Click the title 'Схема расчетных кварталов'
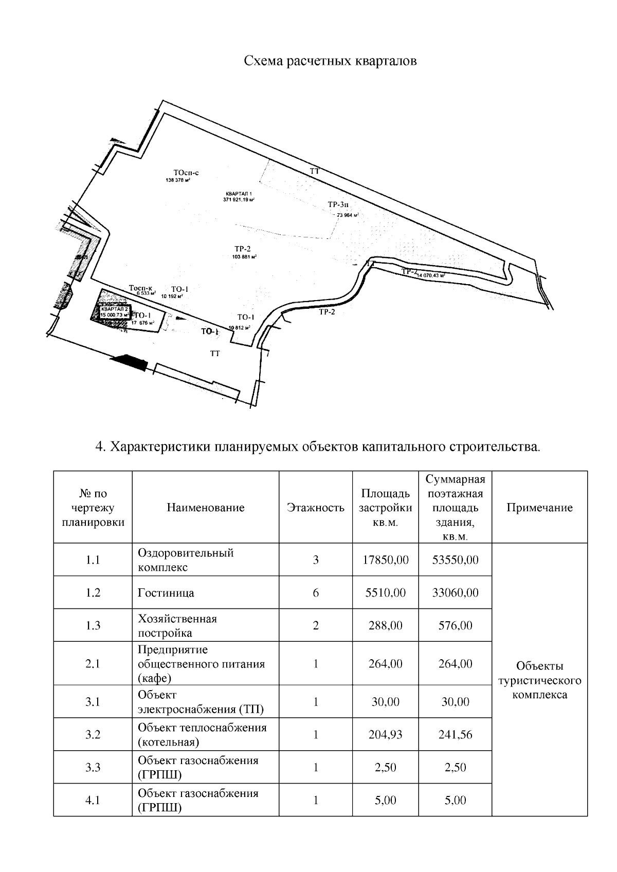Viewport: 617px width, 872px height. pyautogui.click(x=330, y=61)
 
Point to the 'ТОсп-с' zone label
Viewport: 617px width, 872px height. pyautogui.click(x=186, y=173)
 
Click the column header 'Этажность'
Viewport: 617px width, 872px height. pyautogui.click(x=315, y=508)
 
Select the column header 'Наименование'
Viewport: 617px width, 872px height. pyautogui.click(x=205, y=508)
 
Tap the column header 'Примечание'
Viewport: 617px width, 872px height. pyautogui.click(x=539, y=508)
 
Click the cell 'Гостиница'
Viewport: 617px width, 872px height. pyautogui.click(x=166, y=592)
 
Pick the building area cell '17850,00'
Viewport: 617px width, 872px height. pyautogui.click(x=385, y=560)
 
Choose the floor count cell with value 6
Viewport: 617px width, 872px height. pyautogui.click(x=315, y=592)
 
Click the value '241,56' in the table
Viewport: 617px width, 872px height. pyautogui.click(x=455, y=734)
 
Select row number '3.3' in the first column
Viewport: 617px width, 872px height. pyautogui.click(x=93, y=767)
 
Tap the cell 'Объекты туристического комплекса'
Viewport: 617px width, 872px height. pyautogui.click(x=539, y=680)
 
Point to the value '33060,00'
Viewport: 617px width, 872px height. pyautogui.click(x=455, y=592)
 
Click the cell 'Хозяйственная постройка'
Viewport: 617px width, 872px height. pyautogui.click(x=177, y=625)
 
